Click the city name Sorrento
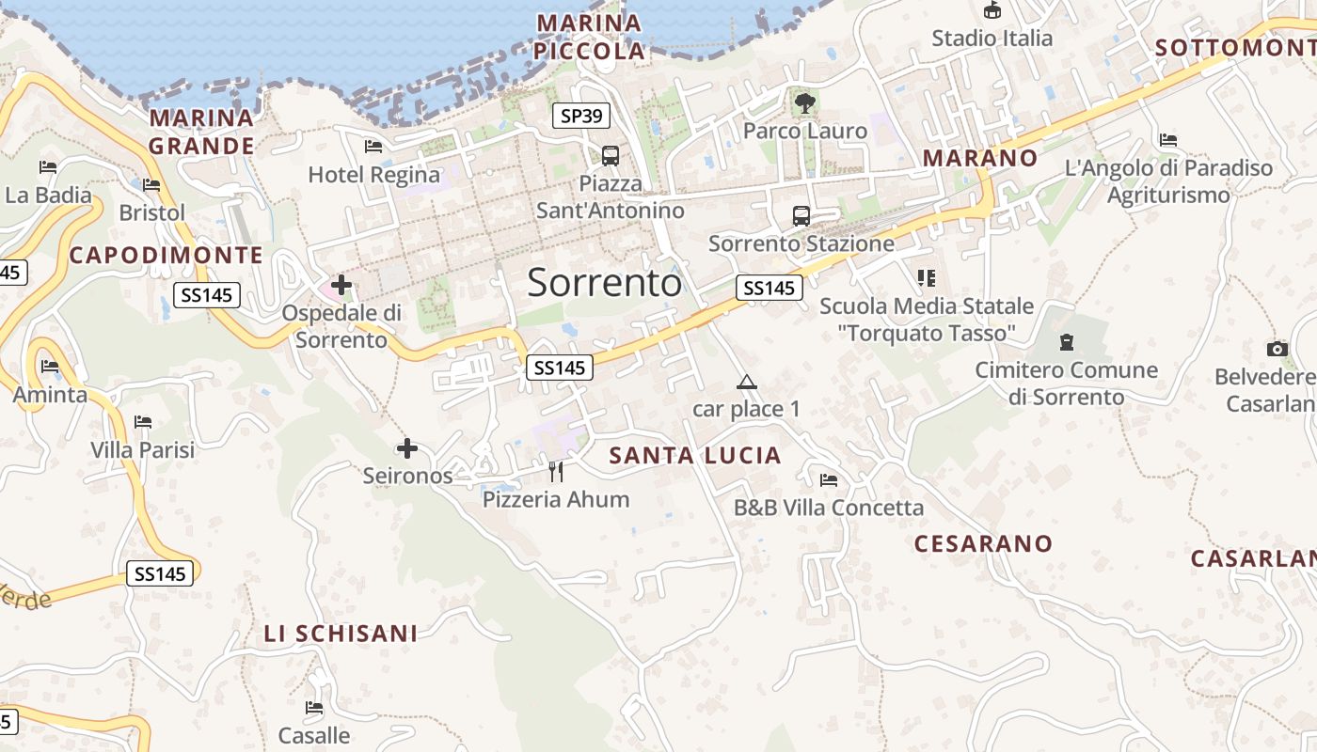coord(604,282)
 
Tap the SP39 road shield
coord(580,116)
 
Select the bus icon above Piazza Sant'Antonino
coord(611,155)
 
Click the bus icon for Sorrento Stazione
coord(801,216)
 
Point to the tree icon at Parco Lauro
coord(804,102)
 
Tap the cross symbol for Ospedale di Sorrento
coord(341,284)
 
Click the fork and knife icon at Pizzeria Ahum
coord(556,471)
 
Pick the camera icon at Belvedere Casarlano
coord(1277,349)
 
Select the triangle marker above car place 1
coord(747,382)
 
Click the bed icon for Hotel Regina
coord(373,147)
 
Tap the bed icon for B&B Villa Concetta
coord(829,480)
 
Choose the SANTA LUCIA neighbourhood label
coord(695,456)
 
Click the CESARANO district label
coord(983,543)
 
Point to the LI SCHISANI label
coord(341,634)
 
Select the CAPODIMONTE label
coord(166,255)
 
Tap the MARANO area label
coord(979,158)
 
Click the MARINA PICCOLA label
coord(589,37)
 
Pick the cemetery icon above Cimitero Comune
coord(1066,341)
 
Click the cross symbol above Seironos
coord(406,448)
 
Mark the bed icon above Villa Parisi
coord(143,422)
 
